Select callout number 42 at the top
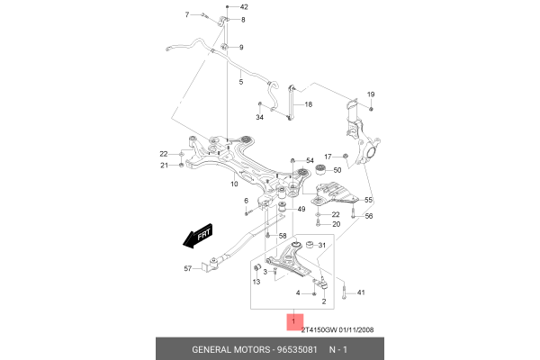(243, 6)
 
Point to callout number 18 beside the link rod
(308, 105)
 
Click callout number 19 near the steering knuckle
(370, 94)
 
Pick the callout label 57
(188, 268)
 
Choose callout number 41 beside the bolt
(361, 293)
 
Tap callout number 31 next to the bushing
(323, 245)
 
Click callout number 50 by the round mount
(337, 169)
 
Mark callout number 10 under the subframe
(233, 184)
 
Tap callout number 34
(259, 117)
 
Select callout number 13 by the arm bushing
(256, 282)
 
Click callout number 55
(368, 199)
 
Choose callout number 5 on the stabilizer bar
(240, 82)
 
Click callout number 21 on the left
(165, 165)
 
